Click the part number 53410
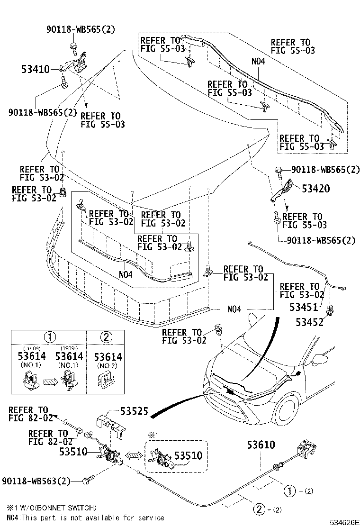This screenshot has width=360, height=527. [35, 69]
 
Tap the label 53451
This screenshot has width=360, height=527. [306, 307]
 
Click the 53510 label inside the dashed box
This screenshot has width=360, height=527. [188, 456]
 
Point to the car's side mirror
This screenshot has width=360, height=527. [324, 359]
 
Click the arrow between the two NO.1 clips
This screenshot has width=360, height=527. [48, 380]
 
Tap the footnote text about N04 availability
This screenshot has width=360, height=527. [85, 517]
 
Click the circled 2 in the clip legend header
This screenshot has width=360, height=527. [107, 337]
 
